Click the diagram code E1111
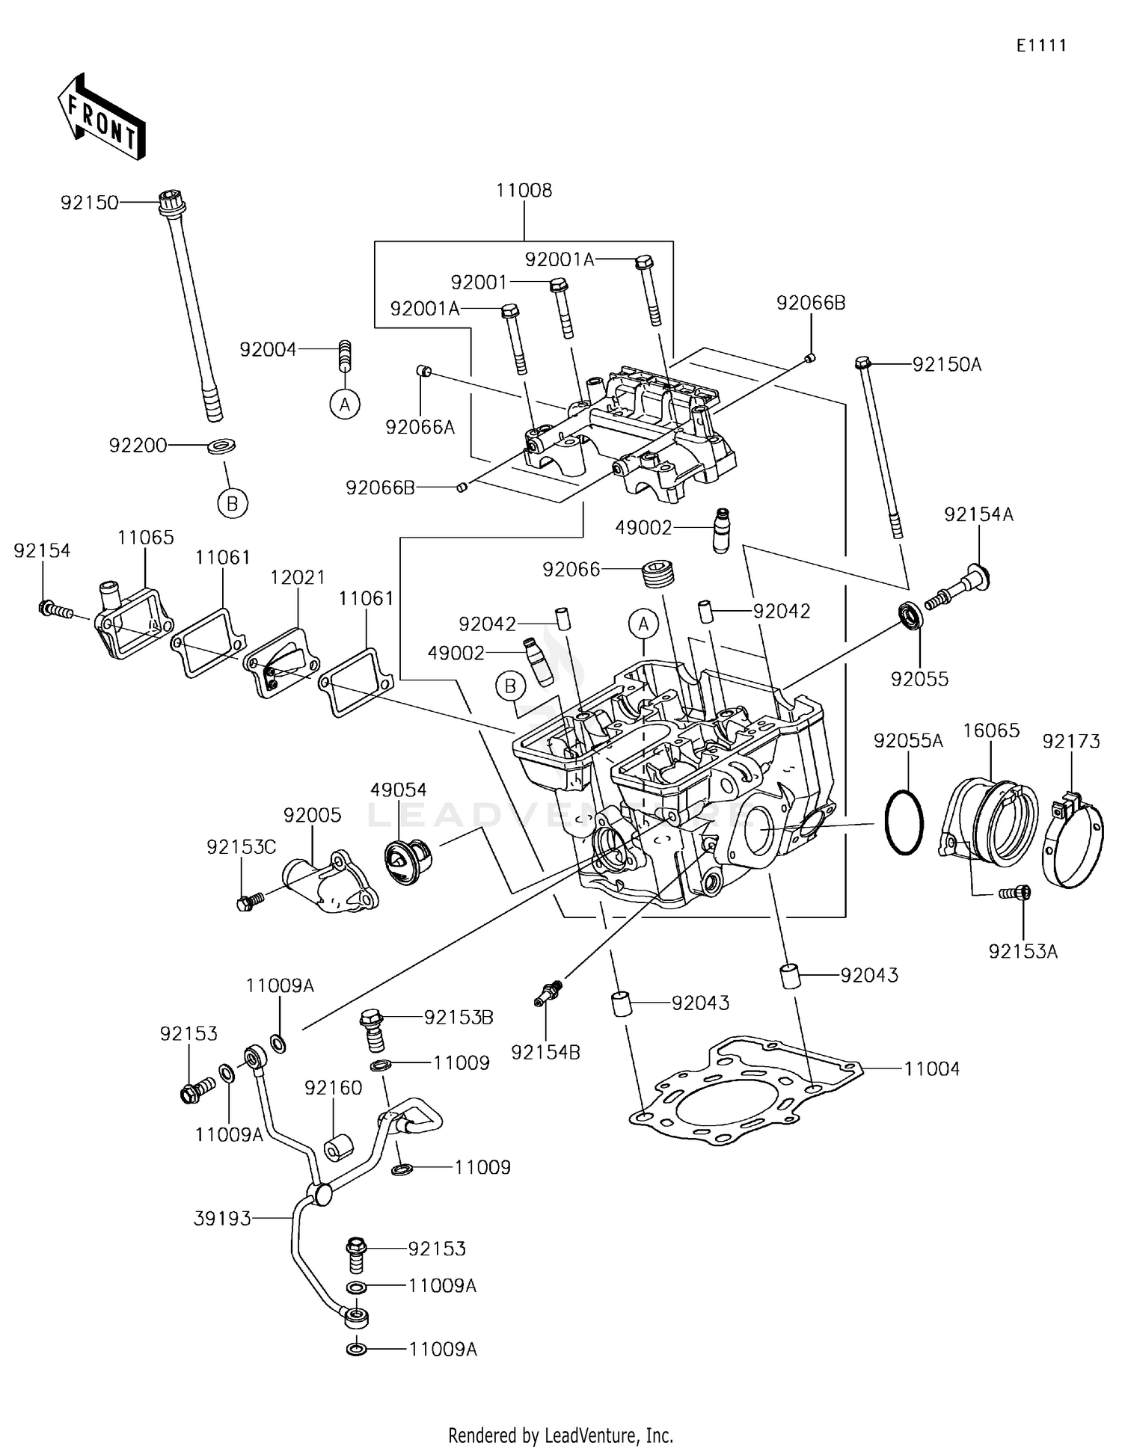point(1041,46)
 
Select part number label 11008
point(524,191)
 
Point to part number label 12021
point(298,577)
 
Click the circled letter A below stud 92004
point(345,404)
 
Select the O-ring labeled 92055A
point(904,822)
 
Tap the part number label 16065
point(991,730)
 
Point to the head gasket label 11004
point(931,1069)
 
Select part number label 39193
point(222,1219)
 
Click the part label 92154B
point(545,1052)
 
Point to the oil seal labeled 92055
point(910,615)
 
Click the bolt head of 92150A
point(862,364)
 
